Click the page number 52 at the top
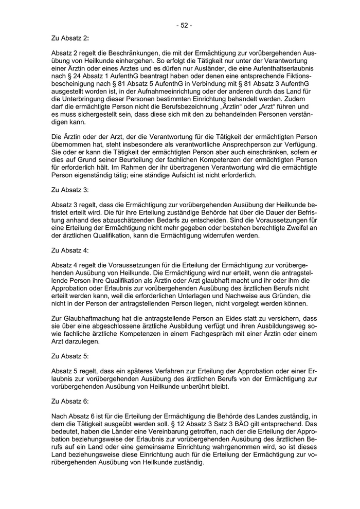pos(184,24)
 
